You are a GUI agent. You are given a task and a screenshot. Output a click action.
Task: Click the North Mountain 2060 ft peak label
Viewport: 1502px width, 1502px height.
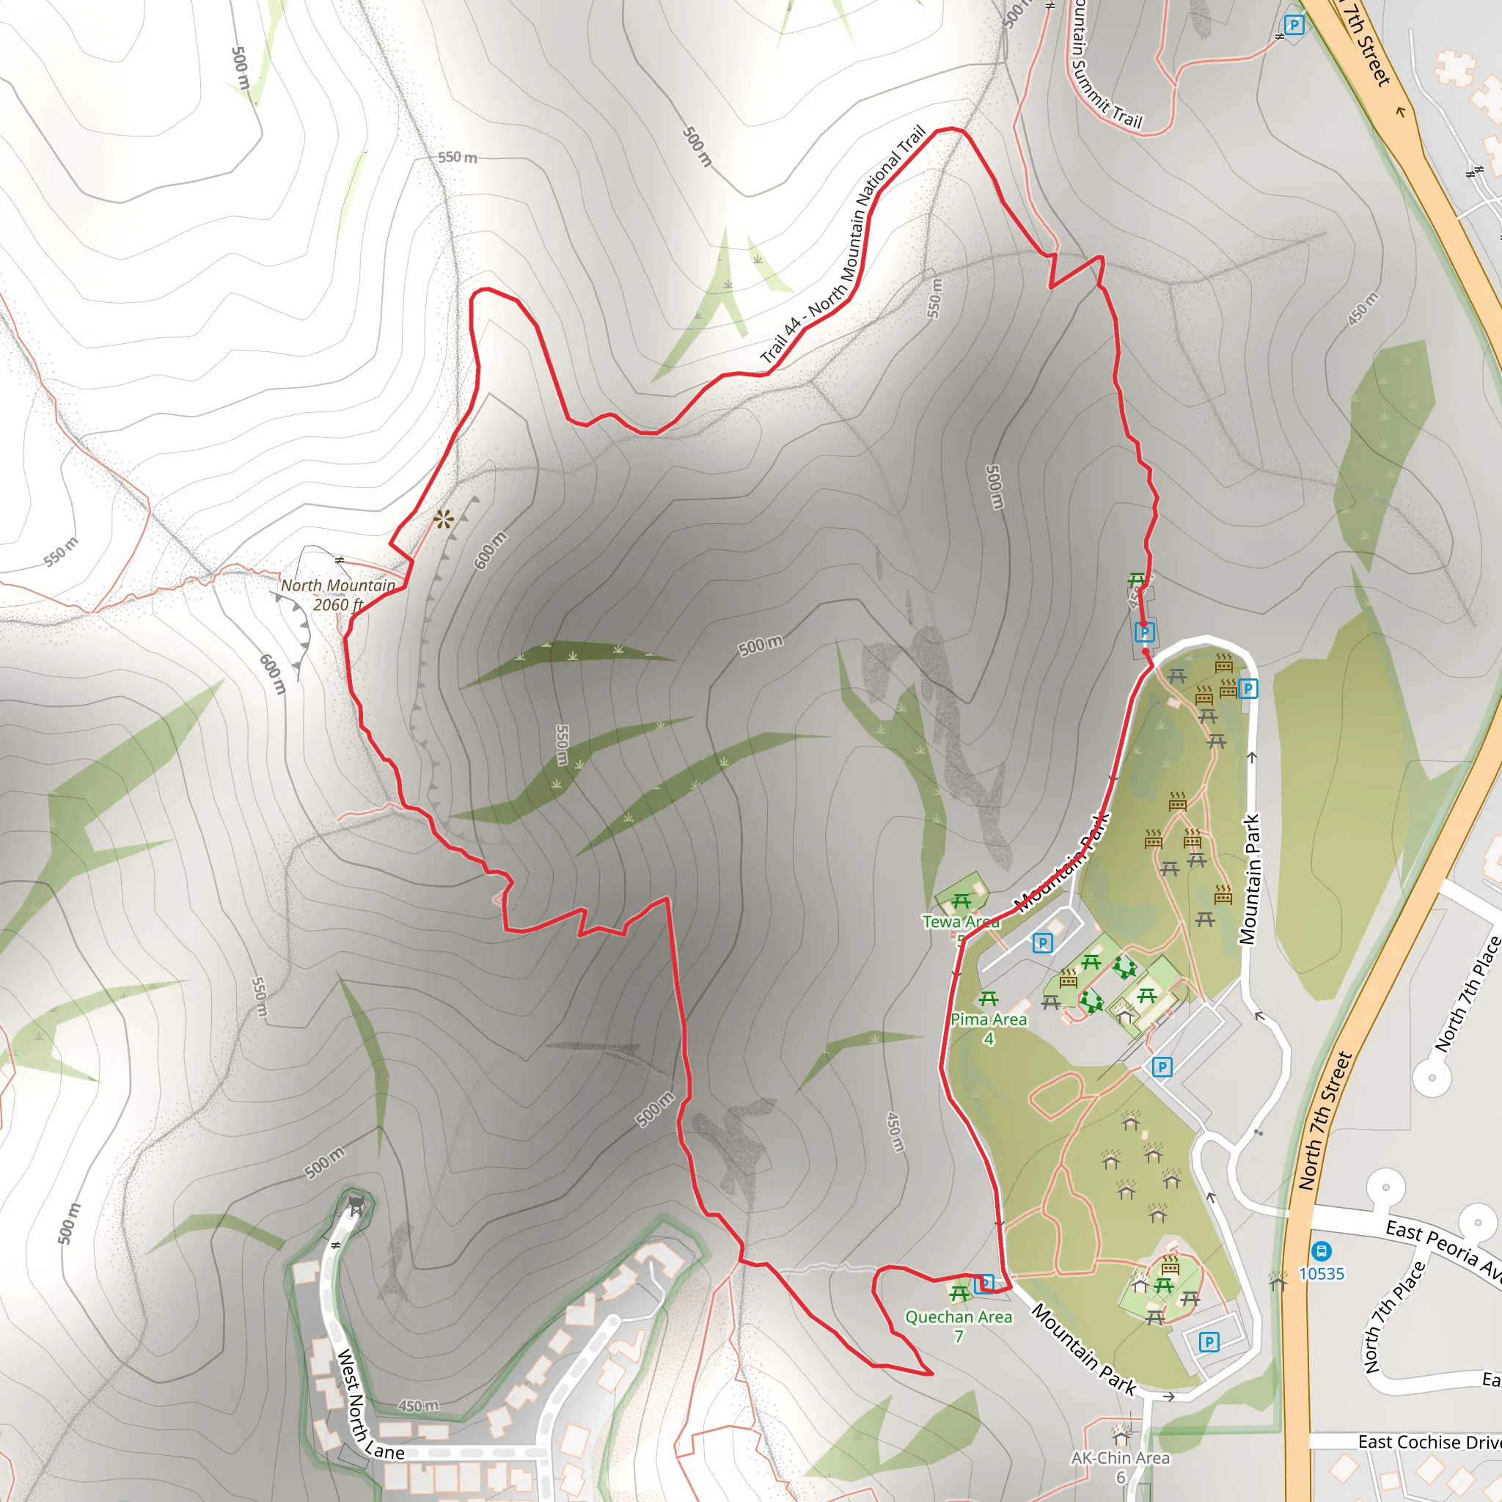pos(338,595)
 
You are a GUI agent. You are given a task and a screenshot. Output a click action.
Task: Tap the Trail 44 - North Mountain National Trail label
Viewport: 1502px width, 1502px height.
pos(843,245)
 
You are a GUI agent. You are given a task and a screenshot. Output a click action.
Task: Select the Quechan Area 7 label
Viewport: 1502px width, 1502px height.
pos(959,1325)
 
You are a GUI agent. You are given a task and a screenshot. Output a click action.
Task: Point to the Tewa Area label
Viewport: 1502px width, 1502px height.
pos(960,922)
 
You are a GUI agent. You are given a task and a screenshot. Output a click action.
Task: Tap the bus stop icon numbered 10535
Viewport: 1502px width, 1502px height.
pos(1321,1252)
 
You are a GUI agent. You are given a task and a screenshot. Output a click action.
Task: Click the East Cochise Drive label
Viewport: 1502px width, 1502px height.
pos(1429,1442)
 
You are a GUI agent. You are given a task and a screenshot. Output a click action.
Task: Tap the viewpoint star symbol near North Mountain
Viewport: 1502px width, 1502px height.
pos(443,519)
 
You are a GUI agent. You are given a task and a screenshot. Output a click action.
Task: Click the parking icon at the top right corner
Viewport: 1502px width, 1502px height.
pos(1294,26)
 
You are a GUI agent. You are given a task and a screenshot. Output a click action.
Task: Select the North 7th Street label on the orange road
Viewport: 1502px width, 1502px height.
pos(1325,1121)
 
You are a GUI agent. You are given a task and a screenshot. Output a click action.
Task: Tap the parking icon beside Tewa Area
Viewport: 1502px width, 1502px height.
pos(1043,943)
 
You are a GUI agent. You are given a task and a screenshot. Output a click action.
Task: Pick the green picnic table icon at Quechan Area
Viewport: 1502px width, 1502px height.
pos(959,1294)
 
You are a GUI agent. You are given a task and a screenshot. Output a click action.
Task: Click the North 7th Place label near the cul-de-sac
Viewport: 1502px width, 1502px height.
pos(1465,994)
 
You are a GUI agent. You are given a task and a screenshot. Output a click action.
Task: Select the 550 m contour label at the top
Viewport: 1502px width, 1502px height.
pos(457,157)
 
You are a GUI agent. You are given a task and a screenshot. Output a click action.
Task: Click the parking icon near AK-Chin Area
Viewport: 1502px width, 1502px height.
pos(1208,1341)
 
